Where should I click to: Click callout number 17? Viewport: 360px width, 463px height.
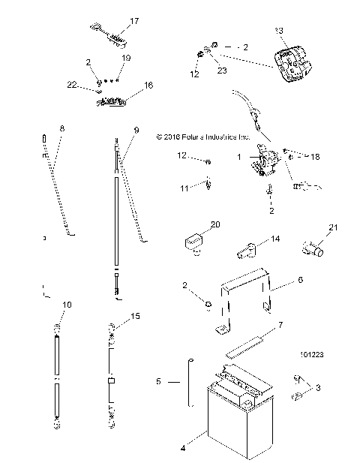(134, 21)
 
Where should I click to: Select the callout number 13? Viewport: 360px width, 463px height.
(280, 30)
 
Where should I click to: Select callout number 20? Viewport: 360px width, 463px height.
(215, 224)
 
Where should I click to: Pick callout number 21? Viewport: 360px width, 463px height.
(334, 227)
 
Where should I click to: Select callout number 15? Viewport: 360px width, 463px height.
(136, 317)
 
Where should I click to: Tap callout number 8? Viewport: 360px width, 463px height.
(61, 129)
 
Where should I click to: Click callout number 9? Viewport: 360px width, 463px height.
(136, 130)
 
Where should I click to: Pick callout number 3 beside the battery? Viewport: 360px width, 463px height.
(318, 388)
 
